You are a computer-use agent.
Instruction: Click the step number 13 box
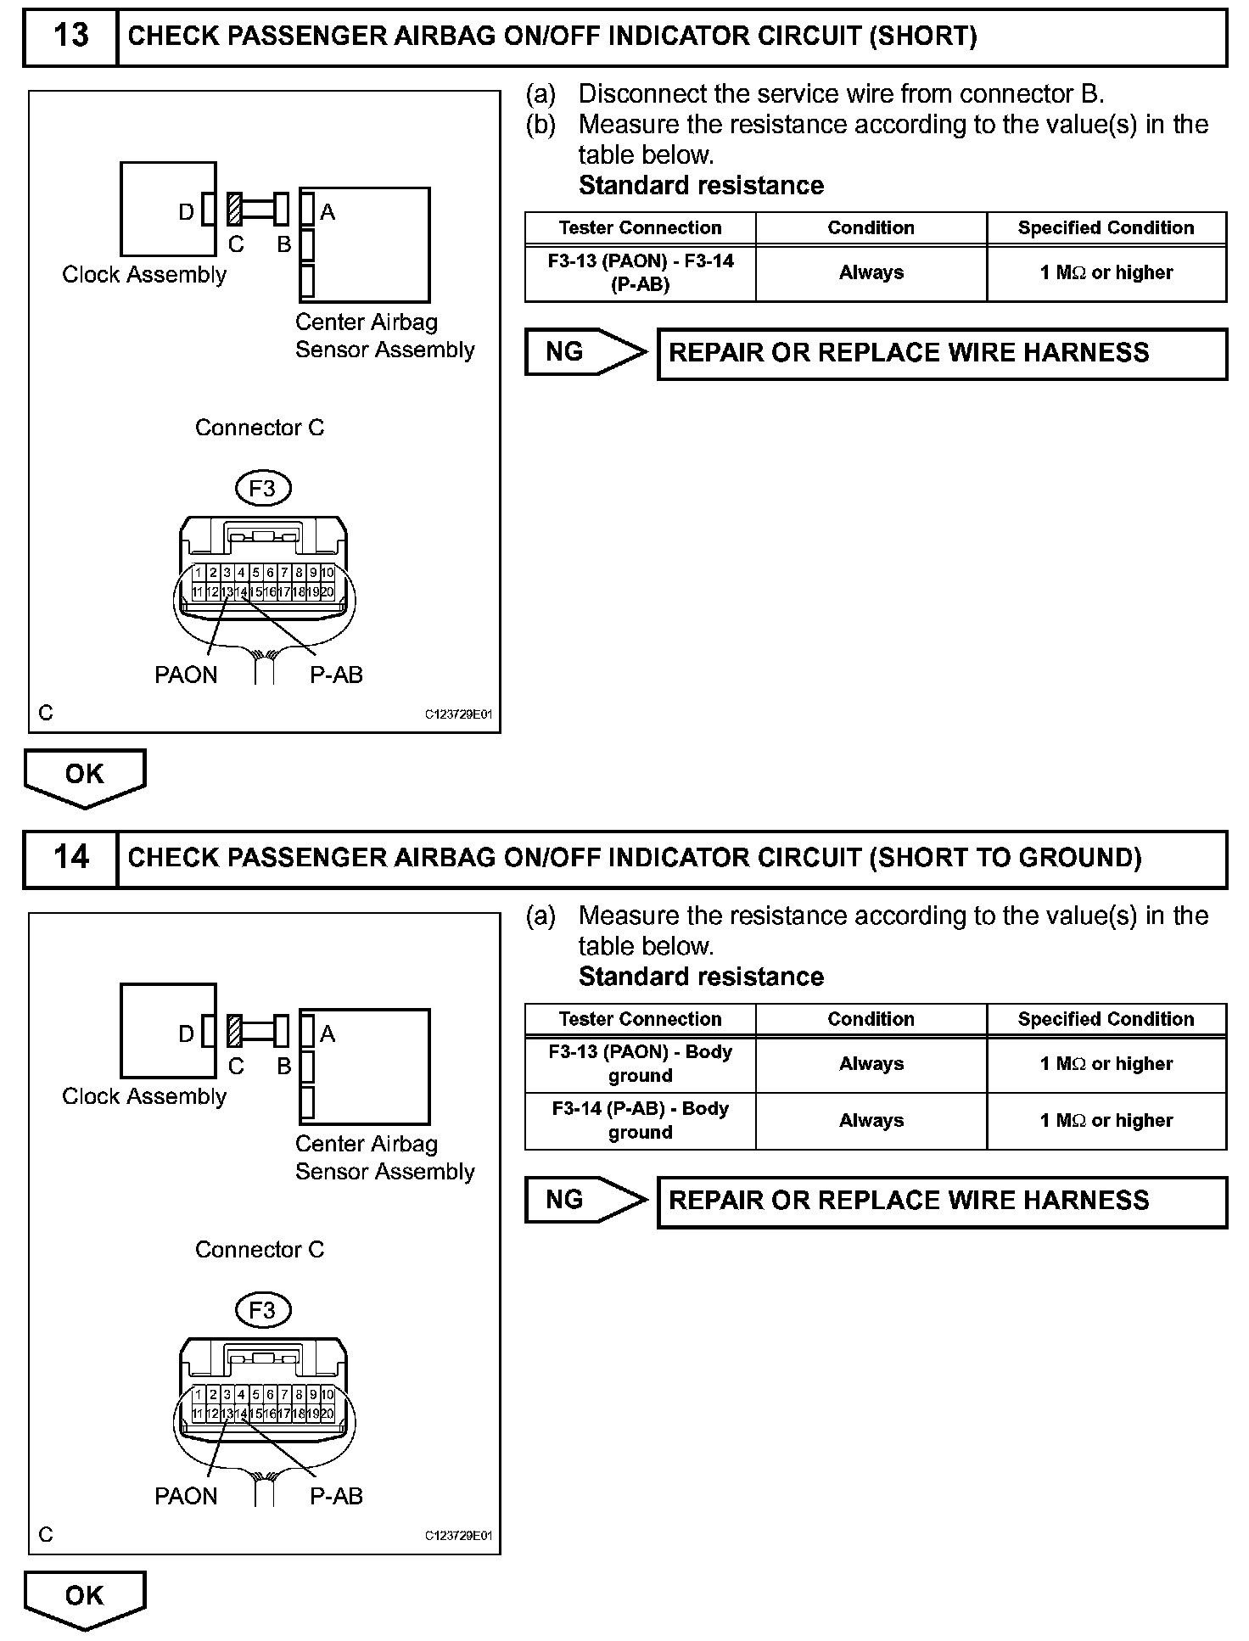point(70,36)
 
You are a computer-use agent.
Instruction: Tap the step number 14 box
point(70,858)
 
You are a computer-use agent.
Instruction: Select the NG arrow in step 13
point(585,352)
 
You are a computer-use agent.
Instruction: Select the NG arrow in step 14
point(585,1200)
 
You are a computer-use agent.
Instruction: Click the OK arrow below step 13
point(85,776)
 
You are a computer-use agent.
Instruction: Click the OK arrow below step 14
point(85,1597)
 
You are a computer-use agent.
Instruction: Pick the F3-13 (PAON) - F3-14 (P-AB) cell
point(641,273)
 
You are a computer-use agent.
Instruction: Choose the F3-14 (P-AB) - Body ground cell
point(641,1121)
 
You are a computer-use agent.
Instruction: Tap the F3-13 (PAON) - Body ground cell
point(641,1064)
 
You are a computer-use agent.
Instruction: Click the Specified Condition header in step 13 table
point(1106,228)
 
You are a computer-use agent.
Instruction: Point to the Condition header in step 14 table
point(871,1019)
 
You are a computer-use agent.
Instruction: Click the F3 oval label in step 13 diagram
point(262,489)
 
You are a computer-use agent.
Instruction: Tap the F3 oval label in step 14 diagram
point(262,1310)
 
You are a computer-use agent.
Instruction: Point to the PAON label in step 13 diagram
point(186,675)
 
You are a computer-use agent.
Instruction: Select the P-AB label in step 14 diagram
point(336,1497)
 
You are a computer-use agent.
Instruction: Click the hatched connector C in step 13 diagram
point(235,210)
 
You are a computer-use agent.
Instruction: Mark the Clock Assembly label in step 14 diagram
point(144,1097)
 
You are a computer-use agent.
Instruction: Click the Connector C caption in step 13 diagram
point(260,428)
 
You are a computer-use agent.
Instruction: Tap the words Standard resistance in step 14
point(701,977)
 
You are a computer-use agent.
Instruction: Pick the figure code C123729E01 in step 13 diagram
point(458,714)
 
